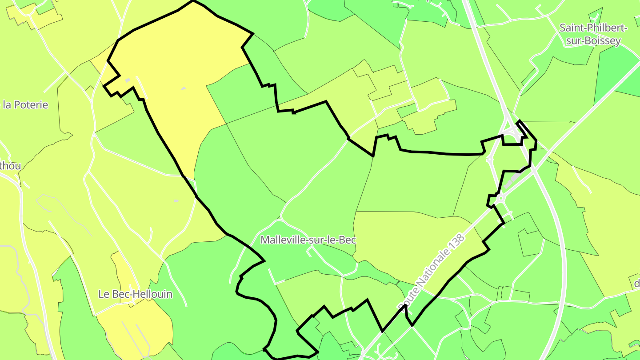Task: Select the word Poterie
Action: pyautogui.click(x=31, y=105)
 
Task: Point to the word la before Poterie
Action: pyautogui.click(x=7, y=105)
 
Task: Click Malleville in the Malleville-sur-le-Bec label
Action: pyautogui.click(x=282, y=240)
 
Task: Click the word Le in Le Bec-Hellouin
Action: pyautogui.click(x=104, y=294)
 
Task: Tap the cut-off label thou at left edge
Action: pyautogui.click(x=10, y=166)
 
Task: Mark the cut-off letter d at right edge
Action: pyautogui.click(x=636, y=284)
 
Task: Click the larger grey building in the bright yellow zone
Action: pyautogui.click(x=128, y=80)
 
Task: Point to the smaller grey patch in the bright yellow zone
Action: pyautogui.click(x=183, y=88)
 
